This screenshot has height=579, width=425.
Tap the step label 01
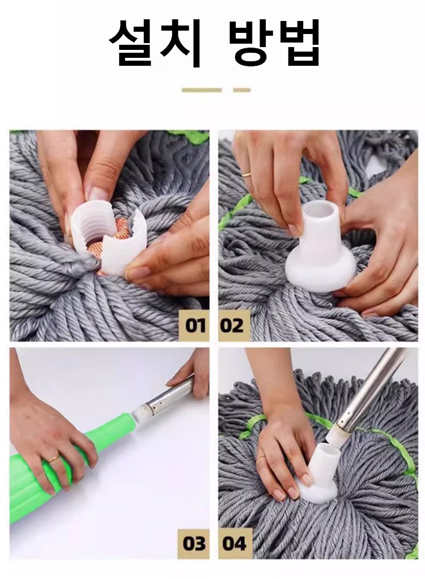pos(195,326)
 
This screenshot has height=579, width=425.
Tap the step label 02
pos(232,326)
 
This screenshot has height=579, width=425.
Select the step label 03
pos(194,543)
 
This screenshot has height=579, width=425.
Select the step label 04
pos(234,543)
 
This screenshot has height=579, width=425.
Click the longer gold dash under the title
pos(201,90)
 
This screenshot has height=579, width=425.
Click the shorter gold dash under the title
pos(241,90)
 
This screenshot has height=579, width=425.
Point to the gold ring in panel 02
pos(246,174)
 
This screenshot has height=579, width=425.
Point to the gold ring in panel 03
pos(54,459)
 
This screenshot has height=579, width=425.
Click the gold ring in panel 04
pos(261,457)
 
